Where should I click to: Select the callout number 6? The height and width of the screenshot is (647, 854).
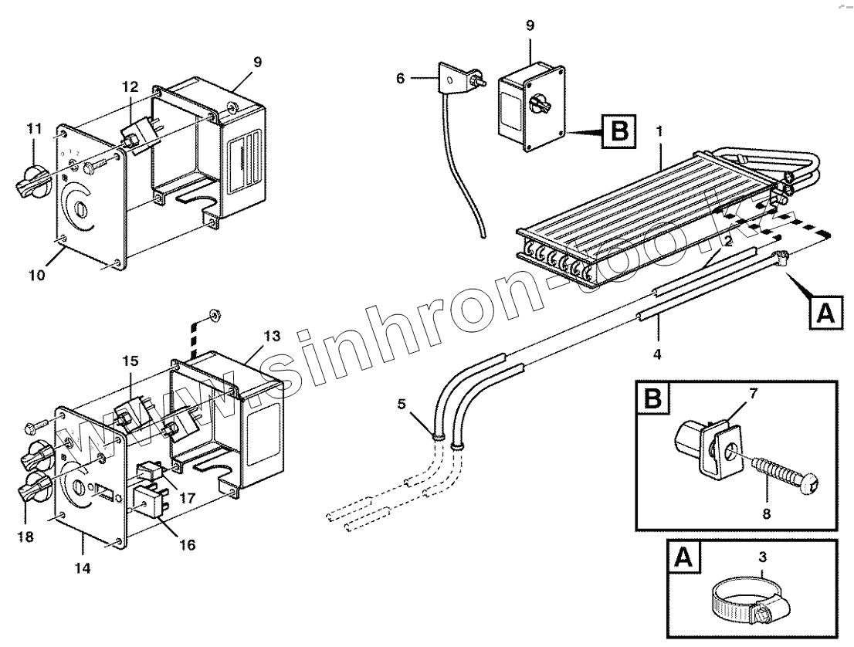point(400,78)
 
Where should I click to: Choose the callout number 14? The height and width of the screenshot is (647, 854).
point(83,568)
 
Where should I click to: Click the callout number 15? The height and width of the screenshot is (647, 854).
point(129,361)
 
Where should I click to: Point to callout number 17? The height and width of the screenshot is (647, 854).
point(187,499)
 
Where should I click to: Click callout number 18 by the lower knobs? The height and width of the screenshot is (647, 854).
point(25,536)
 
